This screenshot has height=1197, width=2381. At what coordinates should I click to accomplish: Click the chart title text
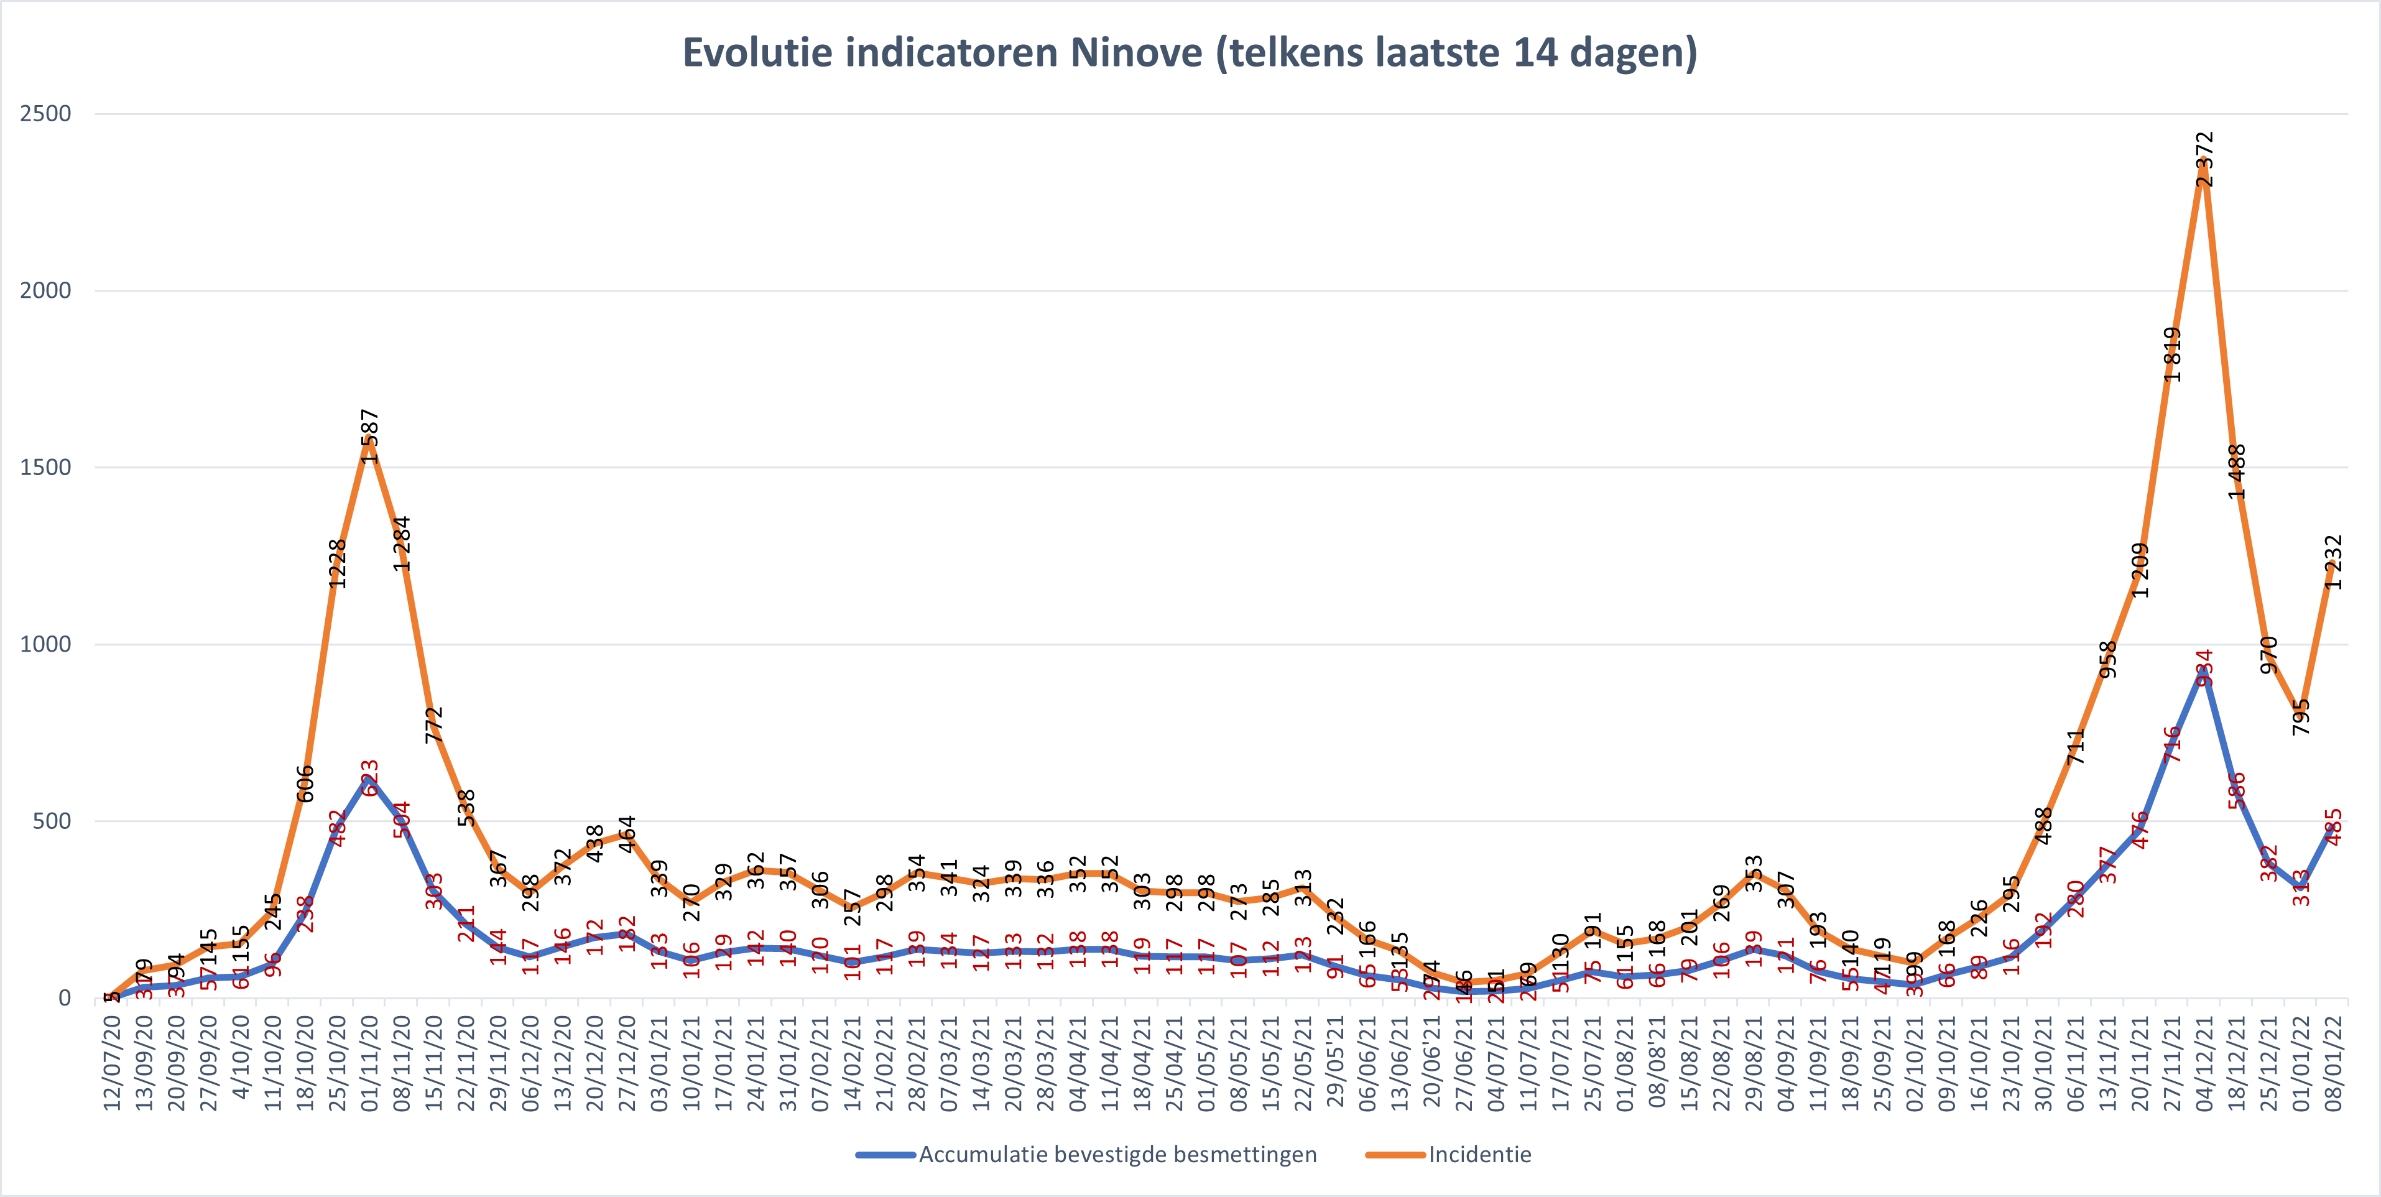point(1190,53)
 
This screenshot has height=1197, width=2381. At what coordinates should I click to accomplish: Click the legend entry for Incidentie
point(1479,1155)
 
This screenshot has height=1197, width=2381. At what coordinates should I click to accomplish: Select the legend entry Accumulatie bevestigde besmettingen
point(1117,1155)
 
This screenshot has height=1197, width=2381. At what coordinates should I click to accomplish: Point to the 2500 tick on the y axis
point(45,114)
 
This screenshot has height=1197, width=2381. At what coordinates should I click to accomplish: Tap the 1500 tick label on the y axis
point(45,468)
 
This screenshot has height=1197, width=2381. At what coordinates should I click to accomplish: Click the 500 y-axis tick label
point(52,821)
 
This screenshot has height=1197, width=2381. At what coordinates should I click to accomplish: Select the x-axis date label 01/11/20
point(370,1063)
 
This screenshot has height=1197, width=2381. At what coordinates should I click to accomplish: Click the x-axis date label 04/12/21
point(2204,1063)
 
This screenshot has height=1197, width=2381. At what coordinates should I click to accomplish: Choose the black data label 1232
point(2333,562)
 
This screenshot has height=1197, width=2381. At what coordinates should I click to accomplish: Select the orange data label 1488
point(2236,471)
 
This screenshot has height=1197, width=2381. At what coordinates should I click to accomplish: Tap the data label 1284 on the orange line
point(401,543)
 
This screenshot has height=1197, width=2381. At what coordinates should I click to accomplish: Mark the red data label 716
point(2172,744)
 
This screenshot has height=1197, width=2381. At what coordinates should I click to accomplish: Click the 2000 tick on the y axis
point(45,290)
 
